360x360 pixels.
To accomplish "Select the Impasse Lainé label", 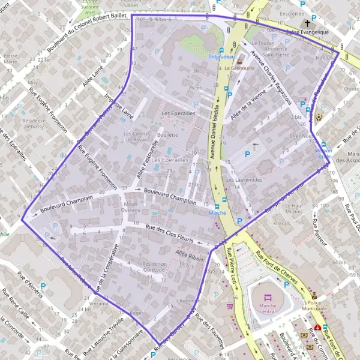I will point(118,107).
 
